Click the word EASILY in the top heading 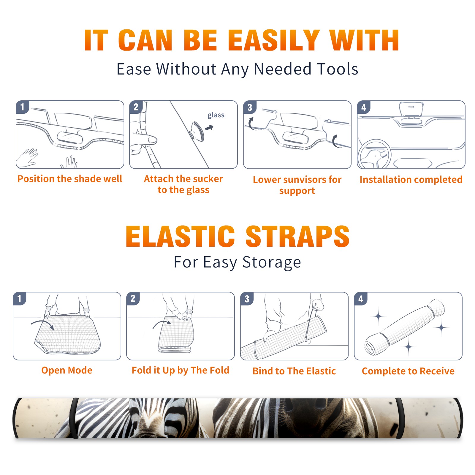point(274,40)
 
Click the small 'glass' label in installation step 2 point(216,115)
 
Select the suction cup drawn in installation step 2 point(197,131)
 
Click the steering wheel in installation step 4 point(374,154)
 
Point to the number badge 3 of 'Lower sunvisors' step point(250,107)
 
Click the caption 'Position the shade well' point(70,179)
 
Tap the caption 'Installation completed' point(411,179)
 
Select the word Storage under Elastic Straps point(272,262)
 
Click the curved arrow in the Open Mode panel point(43,324)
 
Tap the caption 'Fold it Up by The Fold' point(180,370)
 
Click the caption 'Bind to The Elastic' point(294,371)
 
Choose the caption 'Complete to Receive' point(408,371)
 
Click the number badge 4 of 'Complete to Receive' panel point(361,299)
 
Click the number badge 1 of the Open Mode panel point(20,299)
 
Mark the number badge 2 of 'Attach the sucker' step point(136,107)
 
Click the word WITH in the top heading point(364,40)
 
